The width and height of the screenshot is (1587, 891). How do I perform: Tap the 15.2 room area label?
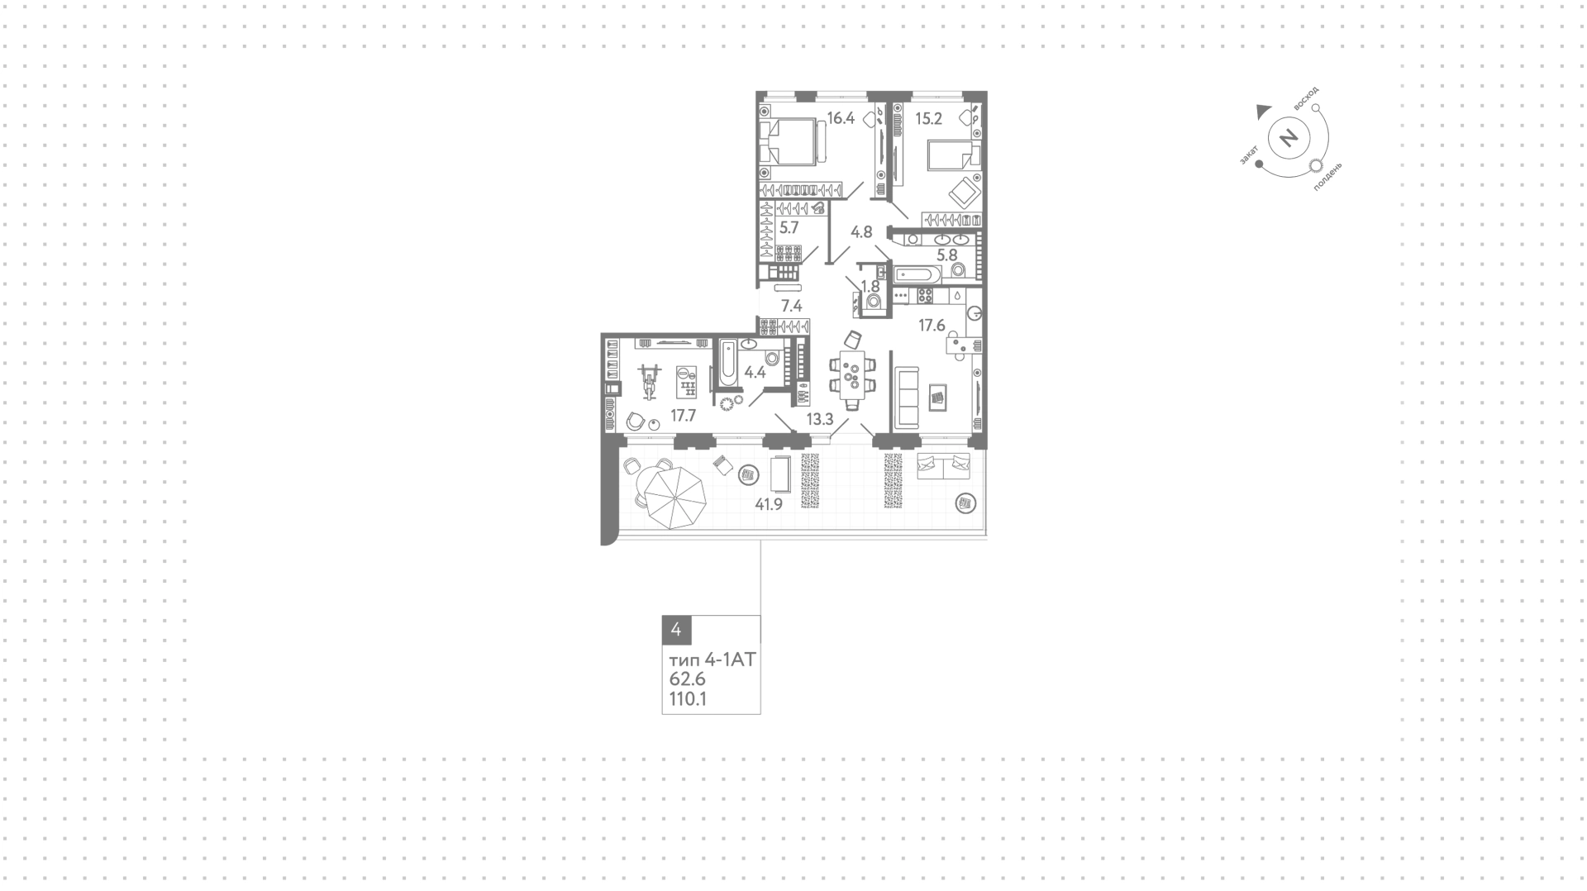pos(928,118)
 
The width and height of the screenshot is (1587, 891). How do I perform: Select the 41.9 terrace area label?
pos(769,504)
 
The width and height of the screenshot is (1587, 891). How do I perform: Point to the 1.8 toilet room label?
pos(870,286)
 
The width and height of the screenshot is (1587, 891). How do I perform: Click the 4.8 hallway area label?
pos(861,232)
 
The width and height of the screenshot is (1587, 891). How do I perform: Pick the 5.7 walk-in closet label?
pos(789,227)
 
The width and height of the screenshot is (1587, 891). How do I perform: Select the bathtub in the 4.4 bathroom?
pos(728,363)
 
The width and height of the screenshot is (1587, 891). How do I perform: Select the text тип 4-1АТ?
pos(712,660)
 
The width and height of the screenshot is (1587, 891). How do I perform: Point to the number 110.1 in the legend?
pos(688,699)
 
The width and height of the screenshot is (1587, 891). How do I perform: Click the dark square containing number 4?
pos(676,630)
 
